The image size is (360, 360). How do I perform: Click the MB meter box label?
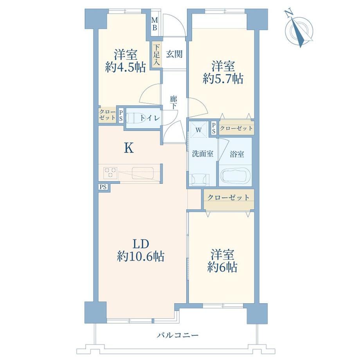[155, 24]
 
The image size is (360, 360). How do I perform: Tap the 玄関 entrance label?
[175, 54]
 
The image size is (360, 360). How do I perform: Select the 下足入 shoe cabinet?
[157, 55]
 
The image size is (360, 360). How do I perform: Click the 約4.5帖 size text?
[125, 67]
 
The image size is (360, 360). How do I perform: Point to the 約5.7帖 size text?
[223, 79]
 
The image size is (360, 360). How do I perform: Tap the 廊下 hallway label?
[174, 103]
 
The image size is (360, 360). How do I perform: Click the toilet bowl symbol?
[134, 119]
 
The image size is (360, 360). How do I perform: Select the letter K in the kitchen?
[129, 148]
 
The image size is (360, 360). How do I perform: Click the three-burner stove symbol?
[110, 173]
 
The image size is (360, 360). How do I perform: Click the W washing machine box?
[198, 130]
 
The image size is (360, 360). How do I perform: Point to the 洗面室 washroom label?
[203, 154]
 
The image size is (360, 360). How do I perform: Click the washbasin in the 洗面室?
[199, 180]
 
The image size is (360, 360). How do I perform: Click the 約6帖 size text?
[222, 267]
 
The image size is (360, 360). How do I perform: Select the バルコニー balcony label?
[178, 335]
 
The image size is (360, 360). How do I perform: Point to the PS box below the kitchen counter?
[103, 187]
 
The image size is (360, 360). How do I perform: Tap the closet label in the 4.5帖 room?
[107, 115]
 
